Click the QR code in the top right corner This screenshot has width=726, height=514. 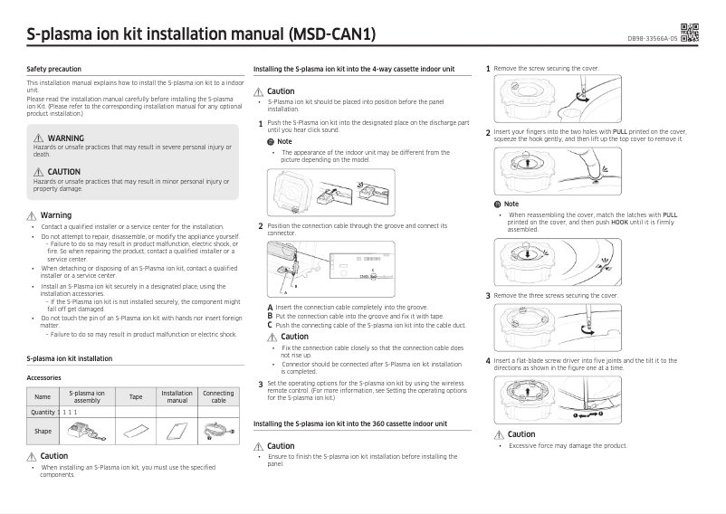(x=689, y=33)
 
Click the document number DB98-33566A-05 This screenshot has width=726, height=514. (x=652, y=39)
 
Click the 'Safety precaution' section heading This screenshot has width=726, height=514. (x=54, y=69)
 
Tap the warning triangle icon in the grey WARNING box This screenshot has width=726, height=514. (x=38, y=138)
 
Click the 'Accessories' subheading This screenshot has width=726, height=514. (x=44, y=377)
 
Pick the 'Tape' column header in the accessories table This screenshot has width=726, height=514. (x=136, y=396)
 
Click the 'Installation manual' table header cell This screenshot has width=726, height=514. (x=177, y=396)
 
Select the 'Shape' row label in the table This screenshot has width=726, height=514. (x=43, y=431)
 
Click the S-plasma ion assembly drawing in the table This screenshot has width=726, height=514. (x=88, y=431)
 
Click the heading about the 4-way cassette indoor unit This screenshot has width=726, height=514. (x=366, y=69)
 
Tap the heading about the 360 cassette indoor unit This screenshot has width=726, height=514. (x=350, y=424)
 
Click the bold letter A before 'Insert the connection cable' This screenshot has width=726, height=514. (x=270, y=307)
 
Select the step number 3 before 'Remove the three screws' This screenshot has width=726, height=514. (x=489, y=295)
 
